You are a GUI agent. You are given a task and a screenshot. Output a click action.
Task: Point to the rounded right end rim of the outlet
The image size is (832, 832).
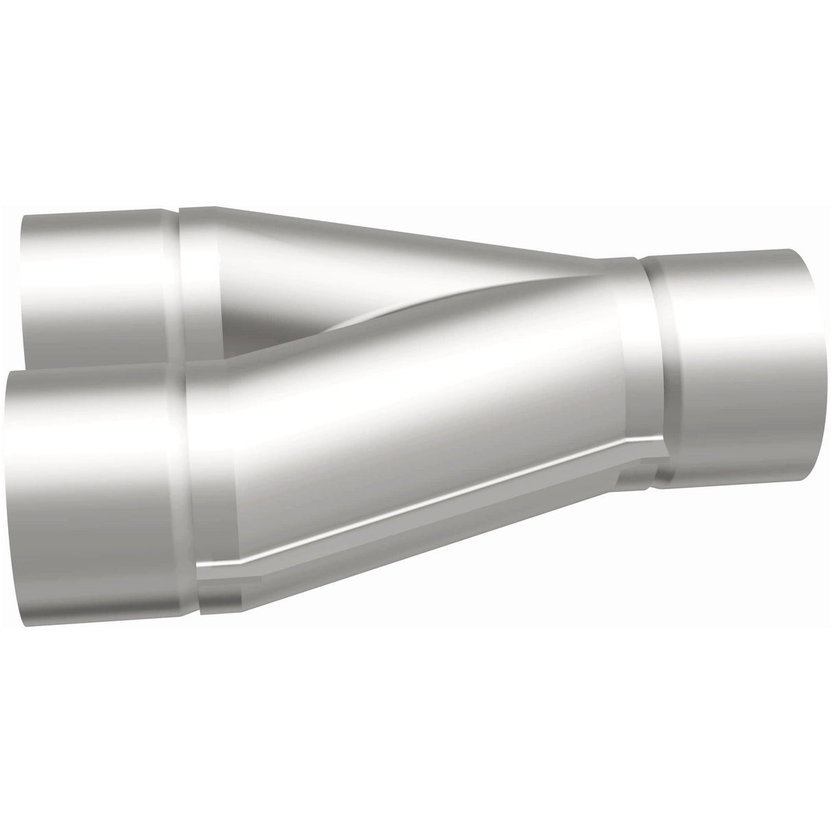tap(809, 363)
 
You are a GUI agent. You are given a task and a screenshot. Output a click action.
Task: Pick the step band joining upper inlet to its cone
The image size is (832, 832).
tap(199, 281)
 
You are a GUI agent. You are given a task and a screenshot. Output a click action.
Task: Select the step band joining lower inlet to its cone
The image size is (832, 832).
tap(212, 487)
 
